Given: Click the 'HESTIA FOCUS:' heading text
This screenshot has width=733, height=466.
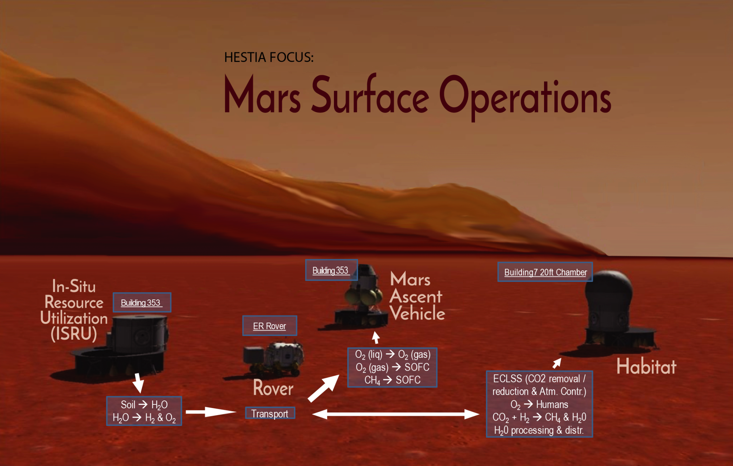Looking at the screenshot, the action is click(x=269, y=57).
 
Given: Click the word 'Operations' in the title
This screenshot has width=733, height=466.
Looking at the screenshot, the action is click(x=525, y=97).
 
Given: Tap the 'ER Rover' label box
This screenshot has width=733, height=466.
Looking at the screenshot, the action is click(x=270, y=326).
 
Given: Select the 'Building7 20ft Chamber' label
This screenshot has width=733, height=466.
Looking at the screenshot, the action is click(x=545, y=272).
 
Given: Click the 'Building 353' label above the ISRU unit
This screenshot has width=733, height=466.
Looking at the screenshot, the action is click(x=142, y=302).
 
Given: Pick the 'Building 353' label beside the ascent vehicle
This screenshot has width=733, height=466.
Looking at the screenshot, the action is click(x=331, y=270).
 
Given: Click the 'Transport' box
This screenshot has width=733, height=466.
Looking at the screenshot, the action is click(x=270, y=413).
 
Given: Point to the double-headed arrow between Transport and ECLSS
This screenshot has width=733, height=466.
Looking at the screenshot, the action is click(x=395, y=414).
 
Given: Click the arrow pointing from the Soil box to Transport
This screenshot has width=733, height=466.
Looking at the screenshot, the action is click(x=211, y=412).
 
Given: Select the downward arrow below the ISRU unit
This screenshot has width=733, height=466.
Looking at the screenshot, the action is click(x=138, y=383).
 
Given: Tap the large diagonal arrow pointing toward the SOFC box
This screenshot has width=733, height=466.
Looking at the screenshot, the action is click(x=324, y=388).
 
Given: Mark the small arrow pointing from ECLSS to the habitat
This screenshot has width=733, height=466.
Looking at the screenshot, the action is click(x=557, y=363).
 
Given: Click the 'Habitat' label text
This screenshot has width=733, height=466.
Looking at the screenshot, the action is click(x=646, y=366).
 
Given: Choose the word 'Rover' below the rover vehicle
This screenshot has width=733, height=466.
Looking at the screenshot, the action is click(x=273, y=388).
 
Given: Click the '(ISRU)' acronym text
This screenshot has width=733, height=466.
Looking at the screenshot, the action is click(x=74, y=333).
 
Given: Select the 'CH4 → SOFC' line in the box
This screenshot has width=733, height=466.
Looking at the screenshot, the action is click(x=392, y=380).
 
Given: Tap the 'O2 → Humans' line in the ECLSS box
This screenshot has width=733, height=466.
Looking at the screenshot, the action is click(x=539, y=405).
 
